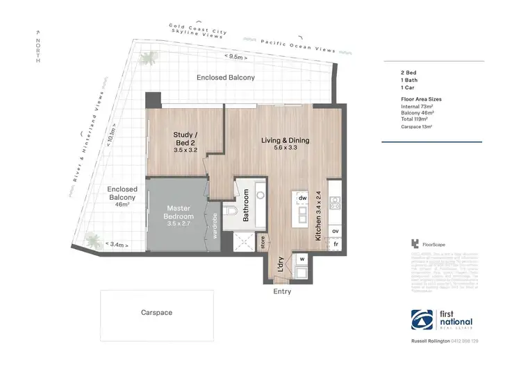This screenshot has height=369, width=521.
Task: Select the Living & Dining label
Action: [x=285, y=144]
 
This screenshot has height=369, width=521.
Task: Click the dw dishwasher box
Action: [x=302, y=198]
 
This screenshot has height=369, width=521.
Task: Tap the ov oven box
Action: [x=335, y=230]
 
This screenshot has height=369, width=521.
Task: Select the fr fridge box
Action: [x=335, y=245]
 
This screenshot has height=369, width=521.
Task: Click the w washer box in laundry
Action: [x=301, y=259]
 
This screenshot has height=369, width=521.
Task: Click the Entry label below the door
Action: [x=281, y=291]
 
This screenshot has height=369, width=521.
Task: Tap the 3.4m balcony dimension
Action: [x=116, y=244]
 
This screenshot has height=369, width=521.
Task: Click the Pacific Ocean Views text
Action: [x=298, y=46]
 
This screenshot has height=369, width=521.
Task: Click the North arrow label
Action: [x=38, y=49]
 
